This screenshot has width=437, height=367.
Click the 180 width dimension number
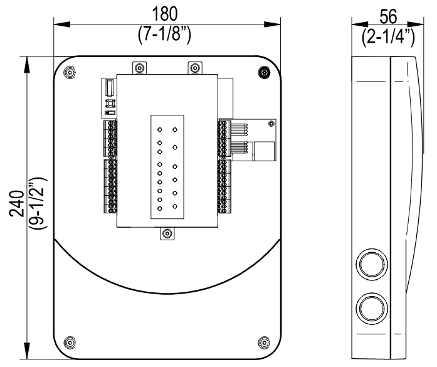166,14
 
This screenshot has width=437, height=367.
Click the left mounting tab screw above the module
139,67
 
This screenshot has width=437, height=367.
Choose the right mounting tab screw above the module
195,67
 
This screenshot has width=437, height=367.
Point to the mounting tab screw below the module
167,235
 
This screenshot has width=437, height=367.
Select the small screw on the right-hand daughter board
270,124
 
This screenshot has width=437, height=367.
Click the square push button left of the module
109,103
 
